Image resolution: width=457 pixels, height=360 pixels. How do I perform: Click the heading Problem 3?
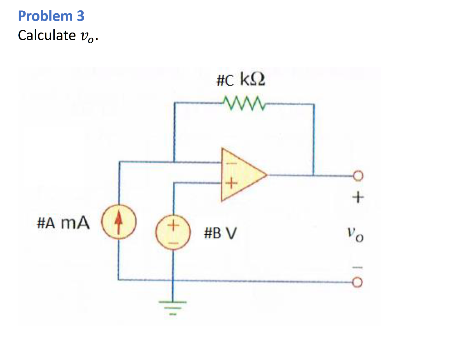[x=51, y=16]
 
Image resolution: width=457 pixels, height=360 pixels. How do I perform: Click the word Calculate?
[x=46, y=35]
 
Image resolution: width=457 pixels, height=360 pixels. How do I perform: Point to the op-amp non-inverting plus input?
[x=232, y=183]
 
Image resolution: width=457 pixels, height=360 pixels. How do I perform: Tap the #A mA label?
[x=63, y=223]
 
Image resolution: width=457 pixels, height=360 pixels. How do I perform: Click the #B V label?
[x=220, y=233]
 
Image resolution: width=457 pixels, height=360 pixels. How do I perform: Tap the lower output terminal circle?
[x=358, y=282]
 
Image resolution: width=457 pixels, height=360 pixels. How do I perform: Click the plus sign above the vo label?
[x=358, y=197]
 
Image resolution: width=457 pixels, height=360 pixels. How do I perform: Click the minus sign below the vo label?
[x=358, y=268]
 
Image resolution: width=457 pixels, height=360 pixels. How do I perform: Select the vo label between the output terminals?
[x=356, y=235]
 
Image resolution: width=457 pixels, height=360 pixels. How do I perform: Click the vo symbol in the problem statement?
[x=87, y=36]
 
